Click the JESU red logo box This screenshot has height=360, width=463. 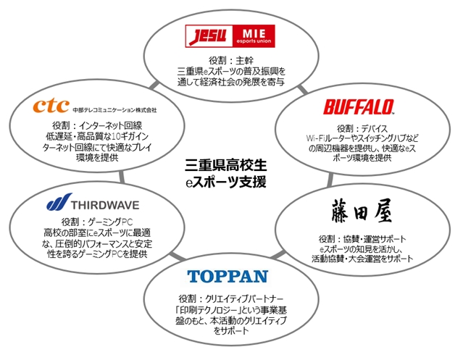tap(207, 34)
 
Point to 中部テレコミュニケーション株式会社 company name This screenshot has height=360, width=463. tap(114, 110)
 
